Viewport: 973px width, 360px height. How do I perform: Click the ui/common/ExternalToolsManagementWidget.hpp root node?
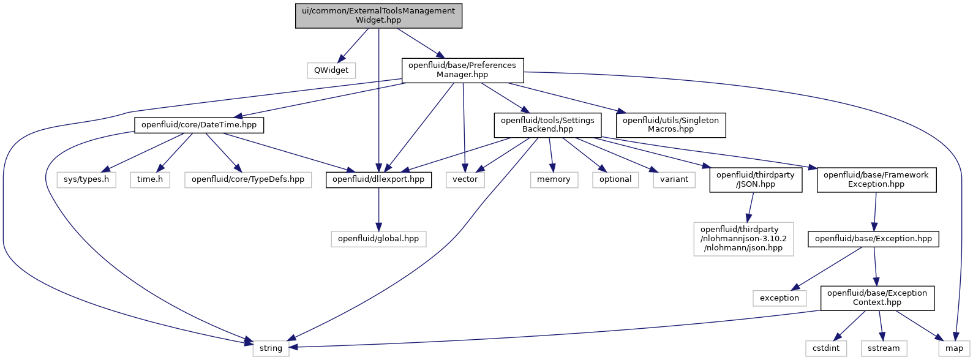click(378, 16)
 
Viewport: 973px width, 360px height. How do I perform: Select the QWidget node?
click(331, 70)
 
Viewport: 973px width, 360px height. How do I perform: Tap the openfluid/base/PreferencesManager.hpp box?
click(462, 70)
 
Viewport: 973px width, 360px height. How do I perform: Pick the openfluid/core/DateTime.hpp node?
click(199, 125)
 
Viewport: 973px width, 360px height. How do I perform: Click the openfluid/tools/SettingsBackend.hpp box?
click(547, 125)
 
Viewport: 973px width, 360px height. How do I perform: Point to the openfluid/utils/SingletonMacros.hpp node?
click(671, 125)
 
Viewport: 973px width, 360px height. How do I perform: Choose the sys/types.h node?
click(86, 180)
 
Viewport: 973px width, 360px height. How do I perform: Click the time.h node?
click(150, 180)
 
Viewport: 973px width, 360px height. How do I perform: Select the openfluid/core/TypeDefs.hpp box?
click(248, 180)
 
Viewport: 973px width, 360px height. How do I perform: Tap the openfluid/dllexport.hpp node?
click(379, 180)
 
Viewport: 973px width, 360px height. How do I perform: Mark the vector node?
click(465, 180)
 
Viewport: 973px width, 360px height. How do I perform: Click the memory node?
click(554, 180)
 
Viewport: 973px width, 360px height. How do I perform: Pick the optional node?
click(615, 180)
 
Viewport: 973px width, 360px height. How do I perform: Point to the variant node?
click(674, 180)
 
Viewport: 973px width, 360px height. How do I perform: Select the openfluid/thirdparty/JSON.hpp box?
click(756, 180)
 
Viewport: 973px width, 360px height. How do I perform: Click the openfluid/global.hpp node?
click(378, 239)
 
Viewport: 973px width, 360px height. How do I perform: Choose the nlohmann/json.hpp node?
click(743, 239)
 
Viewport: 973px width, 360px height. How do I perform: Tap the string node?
click(271, 348)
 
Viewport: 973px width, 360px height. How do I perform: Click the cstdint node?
click(826, 348)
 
